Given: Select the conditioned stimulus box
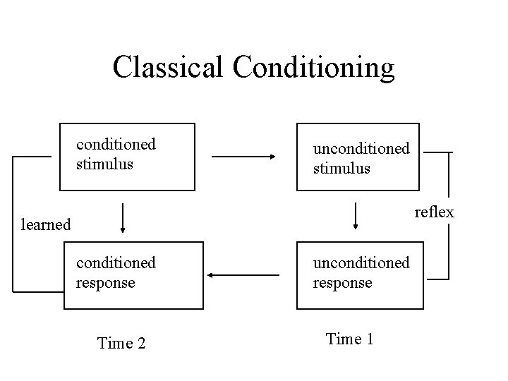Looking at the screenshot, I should [x=126, y=157].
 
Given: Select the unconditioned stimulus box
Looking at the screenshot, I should [x=358, y=157].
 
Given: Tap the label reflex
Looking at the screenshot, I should [x=434, y=212].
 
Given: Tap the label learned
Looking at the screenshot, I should [x=46, y=224].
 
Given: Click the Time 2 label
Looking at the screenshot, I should [x=121, y=344].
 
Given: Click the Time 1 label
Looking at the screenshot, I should [x=349, y=339].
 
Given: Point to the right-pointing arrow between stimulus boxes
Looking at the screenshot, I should [x=247, y=157].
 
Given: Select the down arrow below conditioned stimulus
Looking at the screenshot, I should [x=123, y=218].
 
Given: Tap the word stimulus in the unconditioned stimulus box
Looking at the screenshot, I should [x=341, y=169].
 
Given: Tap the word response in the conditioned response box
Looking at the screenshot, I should [x=105, y=282].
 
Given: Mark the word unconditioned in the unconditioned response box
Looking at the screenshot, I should [x=361, y=262].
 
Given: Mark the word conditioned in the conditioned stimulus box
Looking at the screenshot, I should [x=116, y=145].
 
